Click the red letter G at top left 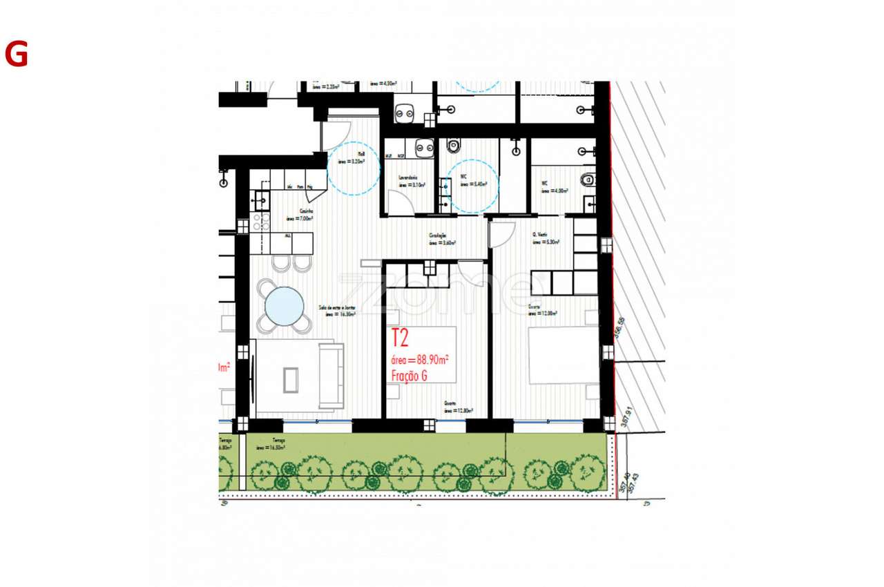point(16,55)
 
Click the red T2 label point(400,338)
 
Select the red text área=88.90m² point(421,360)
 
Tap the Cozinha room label point(300,215)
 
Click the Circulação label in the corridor point(442,239)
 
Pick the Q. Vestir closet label point(546,238)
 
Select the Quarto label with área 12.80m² point(458,408)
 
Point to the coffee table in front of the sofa point(291,380)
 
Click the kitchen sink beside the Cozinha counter point(261,201)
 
